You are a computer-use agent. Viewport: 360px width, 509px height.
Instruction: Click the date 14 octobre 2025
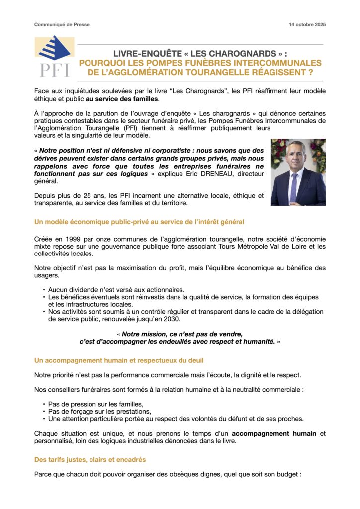click(x=307, y=24)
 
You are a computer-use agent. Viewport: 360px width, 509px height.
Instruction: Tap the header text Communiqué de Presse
click(x=62, y=24)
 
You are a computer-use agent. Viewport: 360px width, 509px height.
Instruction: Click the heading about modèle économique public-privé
click(x=139, y=221)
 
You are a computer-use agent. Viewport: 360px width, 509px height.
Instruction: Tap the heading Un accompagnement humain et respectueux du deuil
click(x=119, y=360)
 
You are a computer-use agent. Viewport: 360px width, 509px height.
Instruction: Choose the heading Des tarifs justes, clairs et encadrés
click(x=90, y=460)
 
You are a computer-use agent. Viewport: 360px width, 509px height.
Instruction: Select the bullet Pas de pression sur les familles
click(x=96, y=404)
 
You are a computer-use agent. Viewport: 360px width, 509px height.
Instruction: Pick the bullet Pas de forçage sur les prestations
click(x=99, y=411)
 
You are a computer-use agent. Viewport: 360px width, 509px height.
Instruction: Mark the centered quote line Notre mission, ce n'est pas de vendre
click(x=182, y=334)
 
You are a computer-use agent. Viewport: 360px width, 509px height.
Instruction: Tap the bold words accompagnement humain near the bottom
click(x=274, y=433)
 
